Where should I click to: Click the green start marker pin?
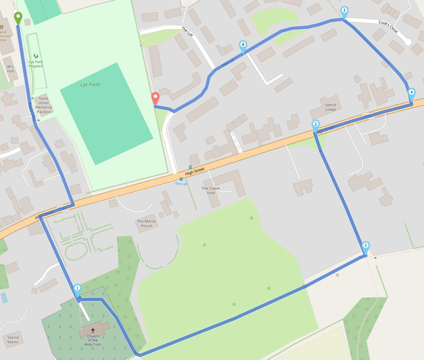pyautogui.click(x=18, y=18)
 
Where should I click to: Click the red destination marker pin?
pyautogui.click(x=155, y=98)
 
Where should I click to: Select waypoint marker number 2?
pyautogui.click(x=315, y=124)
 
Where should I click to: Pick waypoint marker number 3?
pyautogui.click(x=344, y=11)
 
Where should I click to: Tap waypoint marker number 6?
pyautogui.click(x=243, y=45)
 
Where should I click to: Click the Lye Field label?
pyautogui.click(x=90, y=84)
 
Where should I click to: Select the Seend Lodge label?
pyautogui.click(x=330, y=107)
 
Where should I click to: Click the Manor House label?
pyautogui.click(x=146, y=223)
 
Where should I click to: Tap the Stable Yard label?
pyautogui.click(x=211, y=190)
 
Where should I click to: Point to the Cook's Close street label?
pyautogui.click(x=388, y=27)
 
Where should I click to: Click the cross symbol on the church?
pyautogui.click(x=93, y=330)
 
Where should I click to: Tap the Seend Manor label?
pyautogui.click(x=13, y=340)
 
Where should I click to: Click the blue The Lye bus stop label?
pyautogui.click(x=181, y=184)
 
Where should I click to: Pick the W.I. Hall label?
pyautogui.click(x=10, y=69)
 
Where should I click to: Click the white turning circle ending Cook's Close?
pyautogui.click(x=408, y=42)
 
